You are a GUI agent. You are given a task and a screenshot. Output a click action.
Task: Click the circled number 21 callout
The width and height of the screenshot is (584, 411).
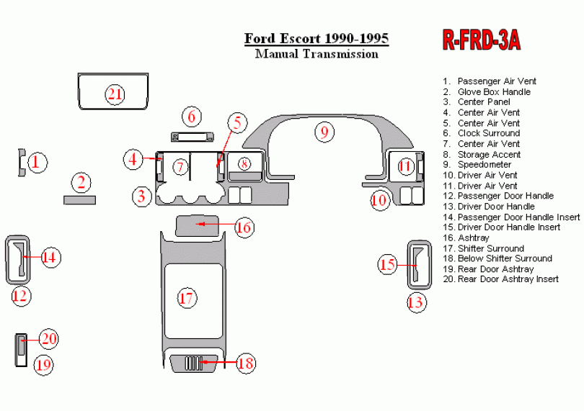coord(115,94)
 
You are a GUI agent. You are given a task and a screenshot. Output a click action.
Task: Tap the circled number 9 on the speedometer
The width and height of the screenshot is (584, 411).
coord(324,132)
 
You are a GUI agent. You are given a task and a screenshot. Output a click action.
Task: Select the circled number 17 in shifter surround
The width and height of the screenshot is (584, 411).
coord(187,298)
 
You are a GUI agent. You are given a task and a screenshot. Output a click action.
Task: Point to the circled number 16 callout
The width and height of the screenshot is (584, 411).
coord(244,227)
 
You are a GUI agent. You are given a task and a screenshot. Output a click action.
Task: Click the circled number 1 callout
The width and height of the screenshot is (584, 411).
coord(37,163)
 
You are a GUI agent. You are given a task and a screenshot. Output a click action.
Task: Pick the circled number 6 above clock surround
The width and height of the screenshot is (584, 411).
coord(191,117)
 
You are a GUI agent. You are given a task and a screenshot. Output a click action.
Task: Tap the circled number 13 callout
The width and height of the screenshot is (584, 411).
coord(415,302)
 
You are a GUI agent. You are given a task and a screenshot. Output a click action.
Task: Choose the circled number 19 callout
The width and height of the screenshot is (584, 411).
coord(44,365)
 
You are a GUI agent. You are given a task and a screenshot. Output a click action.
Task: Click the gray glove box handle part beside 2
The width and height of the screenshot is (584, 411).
coord(79,199)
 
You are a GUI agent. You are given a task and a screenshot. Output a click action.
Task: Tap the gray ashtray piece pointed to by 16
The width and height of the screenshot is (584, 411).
coord(197,225)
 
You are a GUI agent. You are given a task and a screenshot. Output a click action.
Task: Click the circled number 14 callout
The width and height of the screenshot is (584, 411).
coord(50,257)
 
